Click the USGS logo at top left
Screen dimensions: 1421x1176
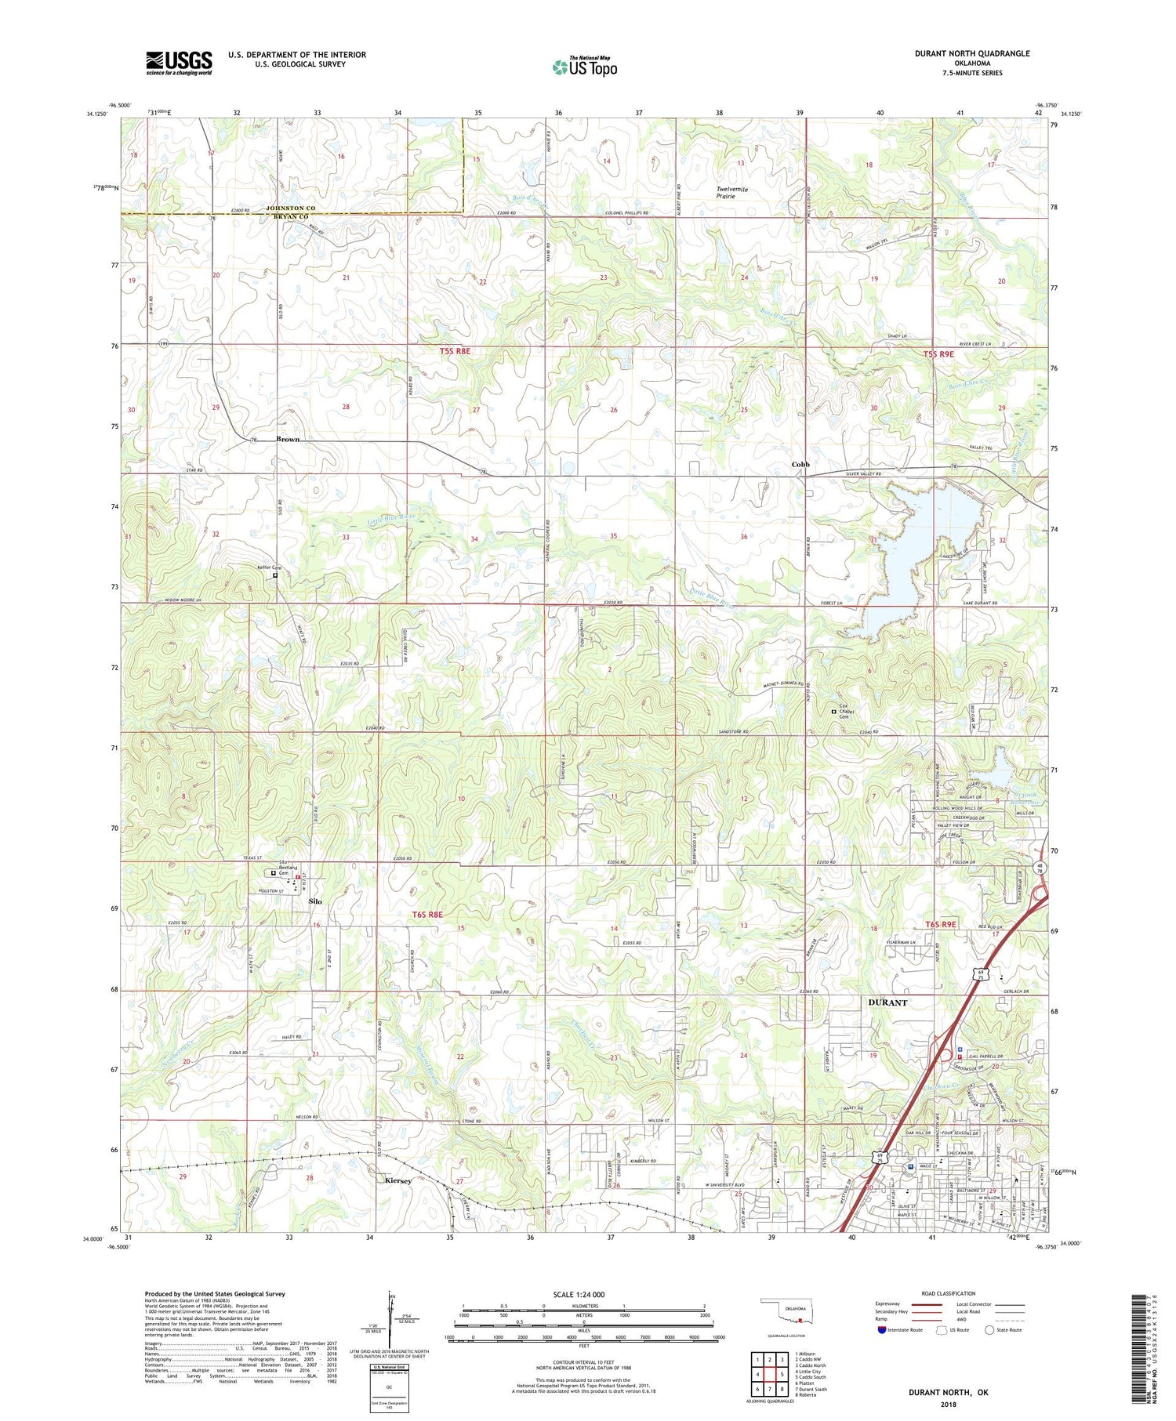(x=179, y=63)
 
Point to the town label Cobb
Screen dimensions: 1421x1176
(x=800, y=465)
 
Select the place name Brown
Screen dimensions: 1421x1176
(x=288, y=440)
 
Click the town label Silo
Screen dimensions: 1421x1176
(x=315, y=901)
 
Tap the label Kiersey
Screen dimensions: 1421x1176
(x=397, y=1180)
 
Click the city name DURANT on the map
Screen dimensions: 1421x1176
(x=887, y=1002)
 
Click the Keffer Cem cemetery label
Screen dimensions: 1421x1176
(x=269, y=567)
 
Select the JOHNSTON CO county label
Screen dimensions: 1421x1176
(x=290, y=208)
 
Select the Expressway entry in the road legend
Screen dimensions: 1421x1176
(x=891, y=1304)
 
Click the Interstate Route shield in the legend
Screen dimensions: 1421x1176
(x=882, y=1329)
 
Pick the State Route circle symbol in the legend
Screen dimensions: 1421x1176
(x=989, y=1329)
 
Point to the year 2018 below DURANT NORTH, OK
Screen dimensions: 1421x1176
(x=938, y=1404)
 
